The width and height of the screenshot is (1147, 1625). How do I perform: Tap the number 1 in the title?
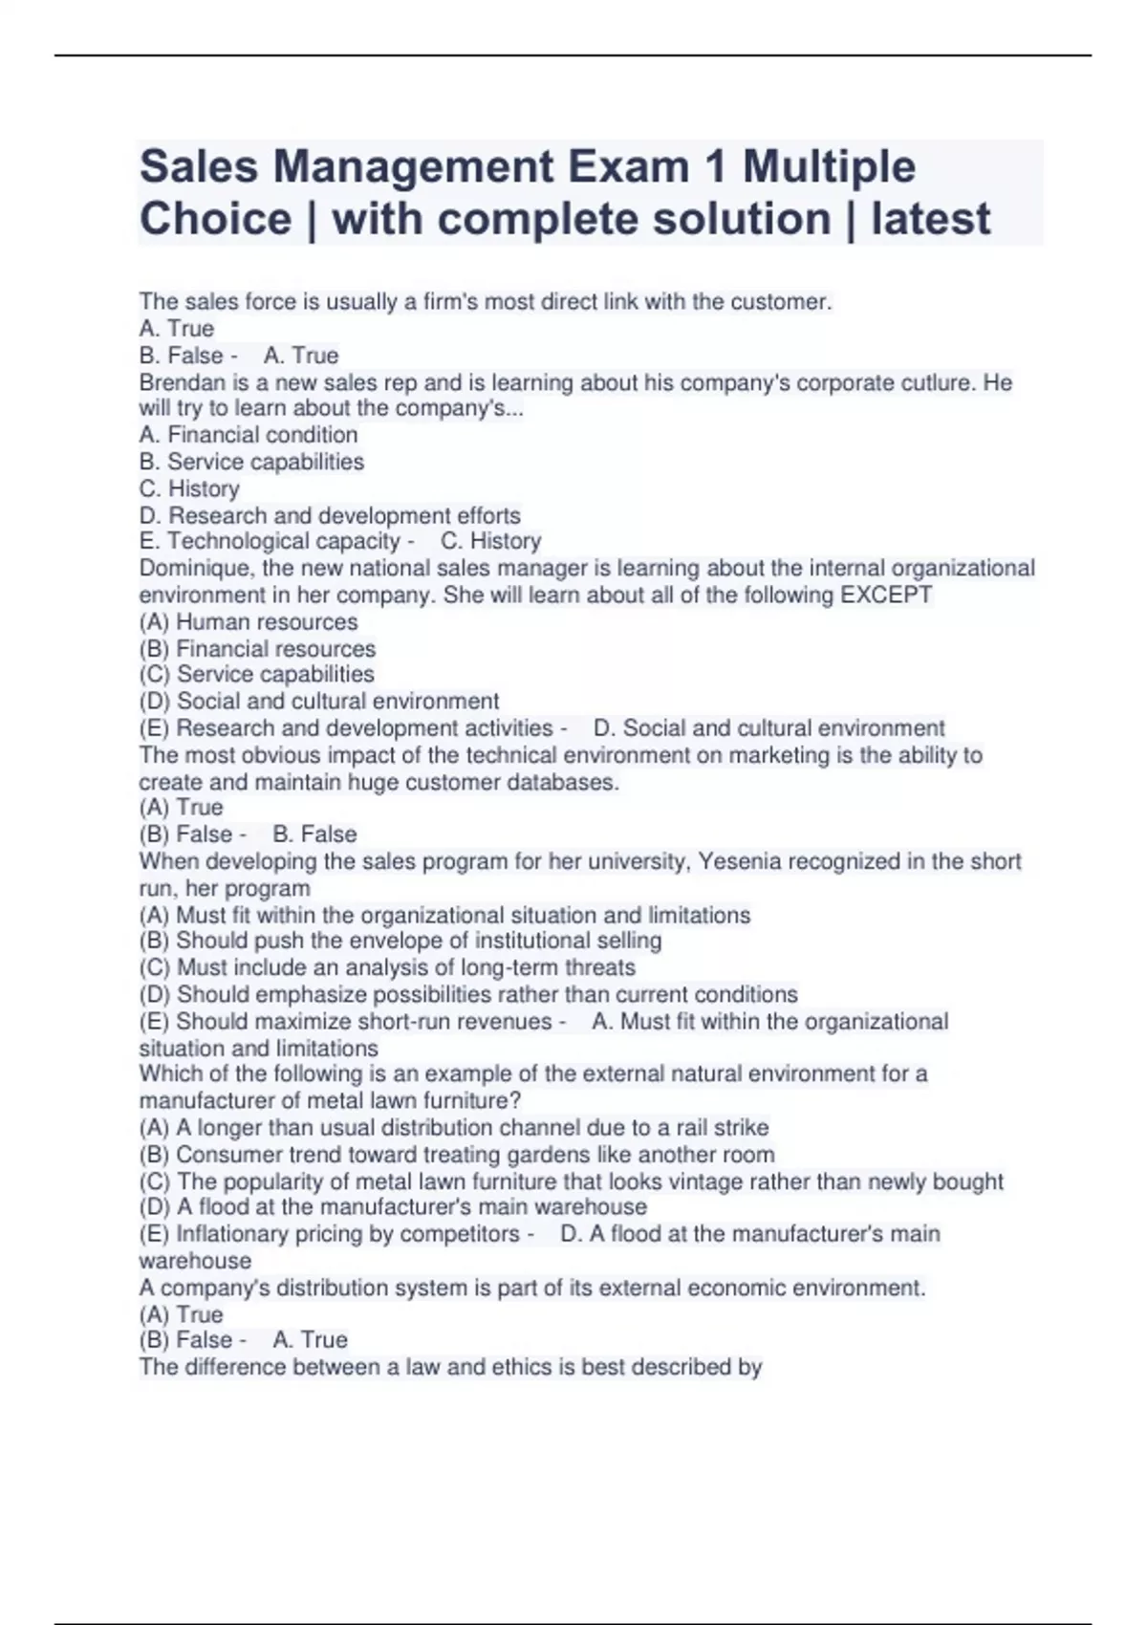click(x=712, y=167)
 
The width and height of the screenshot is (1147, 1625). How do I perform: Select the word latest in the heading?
click(x=930, y=219)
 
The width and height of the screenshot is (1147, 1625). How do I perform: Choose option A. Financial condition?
click(x=249, y=435)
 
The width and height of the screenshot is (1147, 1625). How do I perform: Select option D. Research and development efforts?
click(x=330, y=515)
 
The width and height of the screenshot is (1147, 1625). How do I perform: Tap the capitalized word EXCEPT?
click(x=885, y=595)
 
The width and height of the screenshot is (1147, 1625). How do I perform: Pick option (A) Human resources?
click(x=249, y=621)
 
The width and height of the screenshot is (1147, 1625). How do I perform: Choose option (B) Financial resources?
click(x=257, y=648)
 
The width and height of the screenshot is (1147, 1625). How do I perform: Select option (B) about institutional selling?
click(x=400, y=941)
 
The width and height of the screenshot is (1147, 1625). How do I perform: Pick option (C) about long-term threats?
click(x=387, y=967)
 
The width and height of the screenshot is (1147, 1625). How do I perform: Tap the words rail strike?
click(x=727, y=1127)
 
